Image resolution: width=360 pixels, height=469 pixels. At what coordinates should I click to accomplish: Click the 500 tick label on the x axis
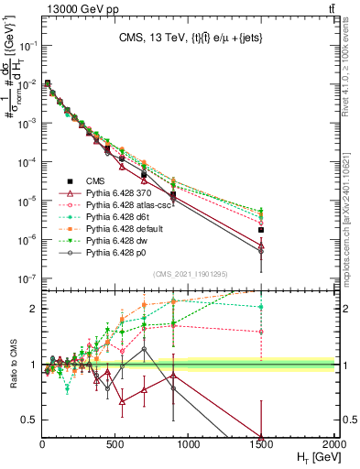tap(115, 443)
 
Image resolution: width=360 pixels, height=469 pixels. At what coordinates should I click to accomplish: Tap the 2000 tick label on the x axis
tap(333, 443)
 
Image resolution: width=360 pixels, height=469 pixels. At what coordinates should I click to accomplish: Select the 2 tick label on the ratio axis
tap(36, 309)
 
